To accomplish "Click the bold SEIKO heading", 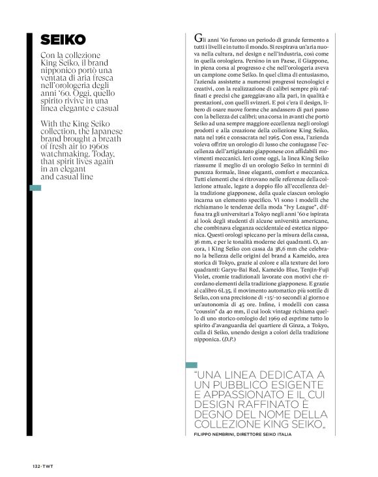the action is point(58,39).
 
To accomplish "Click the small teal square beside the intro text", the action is point(36,188).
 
